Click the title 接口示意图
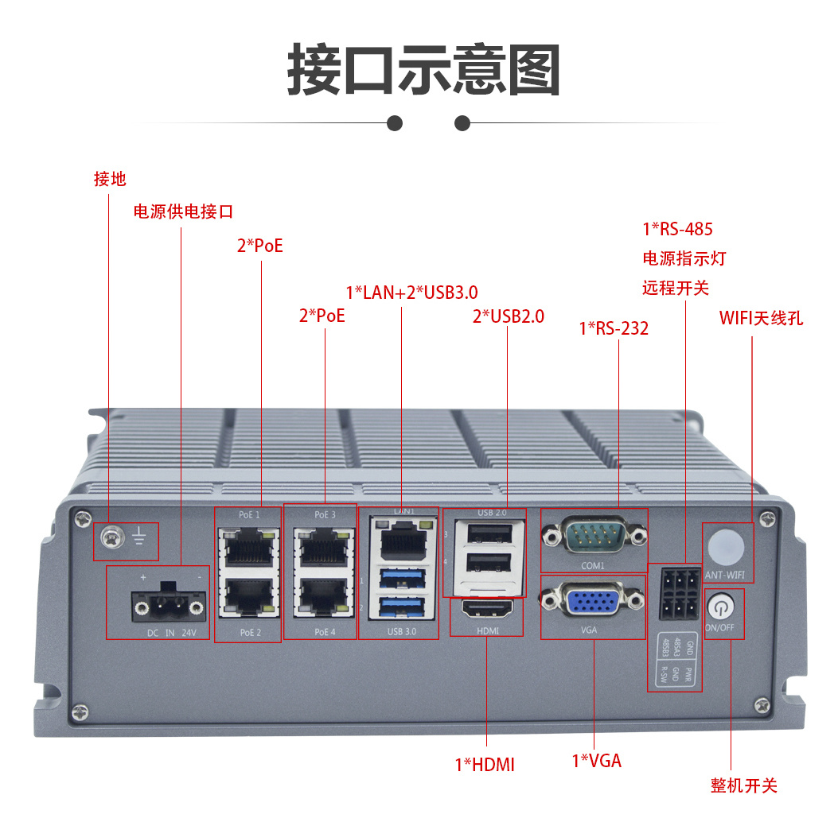click(423, 70)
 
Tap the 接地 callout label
click(110, 179)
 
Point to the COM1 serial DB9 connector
click(594, 537)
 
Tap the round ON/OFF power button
click(722, 607)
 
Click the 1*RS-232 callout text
click(614, 328)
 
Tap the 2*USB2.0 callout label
click(509, 316)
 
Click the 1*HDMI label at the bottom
click(485, 765)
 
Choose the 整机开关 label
click(743, 785)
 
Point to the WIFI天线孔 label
click(761, 318)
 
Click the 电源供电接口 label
click(183, 211)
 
